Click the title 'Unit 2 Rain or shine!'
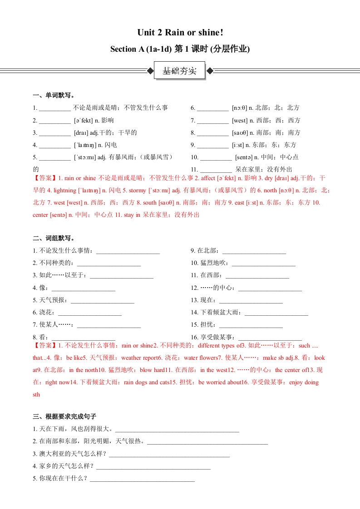[180, 33]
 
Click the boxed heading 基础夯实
[180, 71]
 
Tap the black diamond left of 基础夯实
[150, 71]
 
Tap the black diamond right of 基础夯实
[209, 71]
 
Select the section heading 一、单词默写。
[54, 95]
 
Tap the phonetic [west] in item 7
[240, 121]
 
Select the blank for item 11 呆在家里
[216, 170]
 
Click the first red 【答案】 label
[45, 178]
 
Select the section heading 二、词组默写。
[54, 238]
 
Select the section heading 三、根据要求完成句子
[64, 416]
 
